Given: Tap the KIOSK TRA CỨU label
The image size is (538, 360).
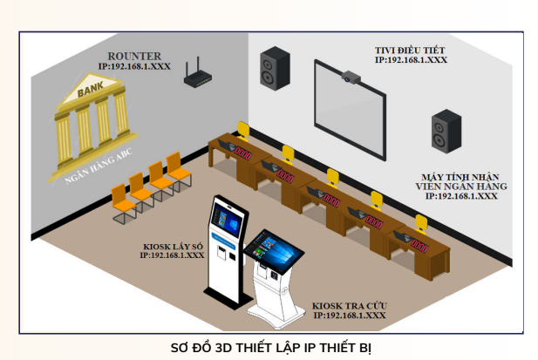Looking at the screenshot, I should [x=349, y=307].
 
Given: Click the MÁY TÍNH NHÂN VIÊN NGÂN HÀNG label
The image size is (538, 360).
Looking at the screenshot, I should [x=462, y=181].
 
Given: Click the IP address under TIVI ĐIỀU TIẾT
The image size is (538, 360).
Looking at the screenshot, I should [x=411, y=61].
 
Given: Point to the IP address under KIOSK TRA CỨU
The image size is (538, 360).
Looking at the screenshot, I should [x=349, y=316].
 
